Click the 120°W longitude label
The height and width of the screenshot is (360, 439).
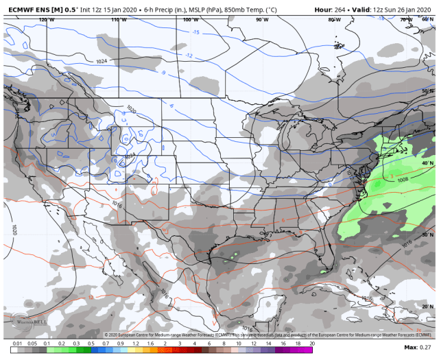(47, 20)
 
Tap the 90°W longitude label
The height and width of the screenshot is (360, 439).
(262, 20)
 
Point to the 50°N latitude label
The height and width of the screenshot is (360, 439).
(427, 91)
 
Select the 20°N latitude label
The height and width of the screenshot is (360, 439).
(427, 307)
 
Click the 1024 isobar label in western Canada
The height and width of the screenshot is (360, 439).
(102, 62)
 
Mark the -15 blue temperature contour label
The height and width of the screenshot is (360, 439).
(195, 32)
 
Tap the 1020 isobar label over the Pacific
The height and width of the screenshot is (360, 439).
(13, 229)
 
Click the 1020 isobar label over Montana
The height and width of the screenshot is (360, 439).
(131, 108)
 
